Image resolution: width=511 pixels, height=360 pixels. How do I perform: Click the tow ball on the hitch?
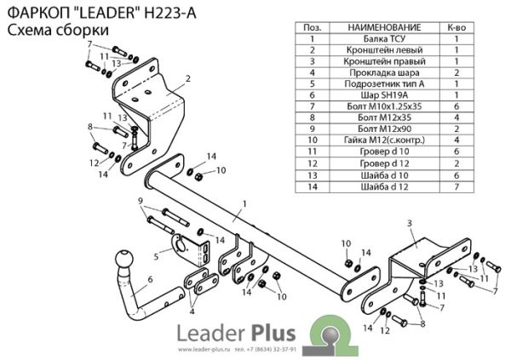[x=125, y=260]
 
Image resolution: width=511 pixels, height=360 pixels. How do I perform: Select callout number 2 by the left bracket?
[x=187, y=78]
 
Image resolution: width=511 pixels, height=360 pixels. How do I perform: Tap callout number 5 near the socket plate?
[x=156, y=254]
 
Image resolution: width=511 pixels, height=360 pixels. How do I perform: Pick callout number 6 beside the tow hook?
[x=150, y=279]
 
